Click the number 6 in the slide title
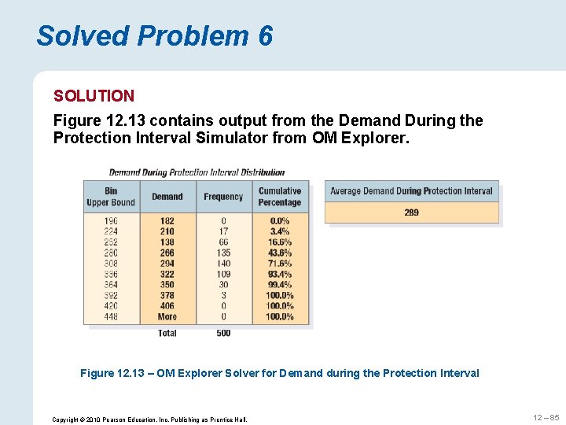tap(264, 36)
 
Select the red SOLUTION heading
tap(94, 96)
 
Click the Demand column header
tap(167, 197)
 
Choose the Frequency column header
tap(223, 197)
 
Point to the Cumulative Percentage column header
tap(280, 197)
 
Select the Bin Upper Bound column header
tap(111, 197)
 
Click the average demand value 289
tap(411, 213)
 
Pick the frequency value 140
tap(223, 264)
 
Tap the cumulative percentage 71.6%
tap(280, 264)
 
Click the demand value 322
tap(167, 274)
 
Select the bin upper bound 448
tap(111, 316)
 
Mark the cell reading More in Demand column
tap(167, 316)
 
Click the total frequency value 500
tap(223, 333)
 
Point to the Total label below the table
tap(167, 333)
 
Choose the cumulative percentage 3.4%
tap(280, 231)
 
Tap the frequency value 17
tap(223, 231)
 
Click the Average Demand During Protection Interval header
tap(411, 191)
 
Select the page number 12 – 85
tap(544, 418)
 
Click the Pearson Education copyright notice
tap(149, 419)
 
